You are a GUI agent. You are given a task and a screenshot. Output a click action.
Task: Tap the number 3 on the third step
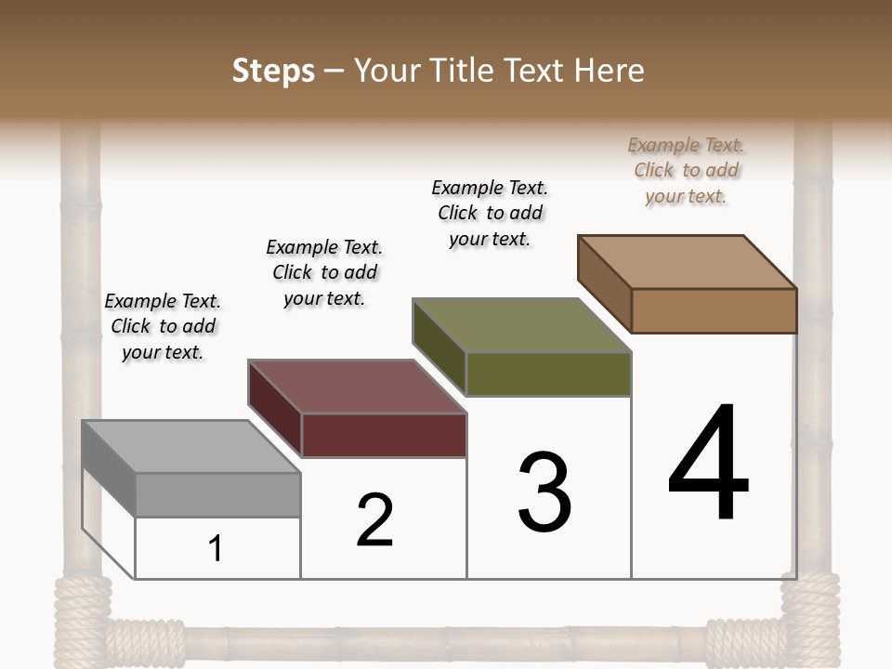click(x=544, y=492)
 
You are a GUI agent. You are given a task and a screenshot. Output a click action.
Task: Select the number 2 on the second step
click(x=374, y=520)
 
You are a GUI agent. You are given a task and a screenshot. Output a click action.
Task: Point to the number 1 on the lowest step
click(x=216, y=548)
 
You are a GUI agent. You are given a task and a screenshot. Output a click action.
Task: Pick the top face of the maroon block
click(x=357, y=387)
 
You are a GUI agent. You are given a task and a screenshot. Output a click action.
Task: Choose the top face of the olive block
click(x=522, y=325)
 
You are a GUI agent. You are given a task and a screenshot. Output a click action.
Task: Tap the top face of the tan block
click(x=688, y=261)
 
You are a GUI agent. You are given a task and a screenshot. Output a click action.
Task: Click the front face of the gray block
click(x=217, y=494)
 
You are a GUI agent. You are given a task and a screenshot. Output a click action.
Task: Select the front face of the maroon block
click(x=384, y=435)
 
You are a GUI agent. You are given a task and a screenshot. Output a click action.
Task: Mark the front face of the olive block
click(x=548, y=374)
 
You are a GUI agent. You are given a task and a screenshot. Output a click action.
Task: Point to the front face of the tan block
click(x=714, y=310)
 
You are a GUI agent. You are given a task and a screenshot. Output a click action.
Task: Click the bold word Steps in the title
click(x=273, y=71)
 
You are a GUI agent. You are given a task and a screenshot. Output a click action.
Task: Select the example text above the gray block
click(x=163, y=326)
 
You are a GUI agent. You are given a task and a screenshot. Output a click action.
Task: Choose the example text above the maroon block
click(x=324, y=272)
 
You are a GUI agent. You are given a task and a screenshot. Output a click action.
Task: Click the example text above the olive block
click(x=490, y=213)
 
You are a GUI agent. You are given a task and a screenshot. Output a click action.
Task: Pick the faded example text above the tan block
click(x=686, y=170)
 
